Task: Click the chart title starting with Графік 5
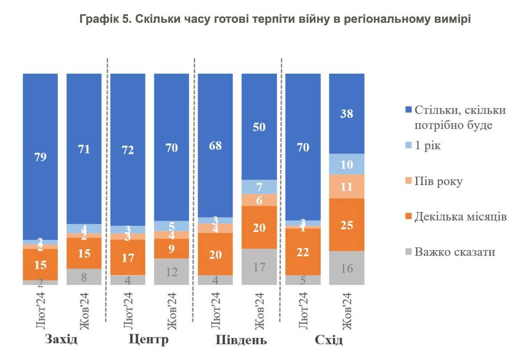275,19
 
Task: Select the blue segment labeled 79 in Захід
40,156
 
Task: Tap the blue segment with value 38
347,113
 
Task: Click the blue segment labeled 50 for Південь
259,126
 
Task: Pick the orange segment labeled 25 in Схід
347,225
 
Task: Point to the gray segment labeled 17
259,266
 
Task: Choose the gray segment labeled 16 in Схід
347,268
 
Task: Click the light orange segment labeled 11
347,186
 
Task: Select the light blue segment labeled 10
347,164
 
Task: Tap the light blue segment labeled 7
259,187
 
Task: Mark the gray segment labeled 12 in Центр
172,271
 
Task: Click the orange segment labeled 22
303,252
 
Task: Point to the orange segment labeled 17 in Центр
128,257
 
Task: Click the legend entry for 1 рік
423,146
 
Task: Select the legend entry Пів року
434,181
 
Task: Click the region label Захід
61,339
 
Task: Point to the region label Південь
241,340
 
